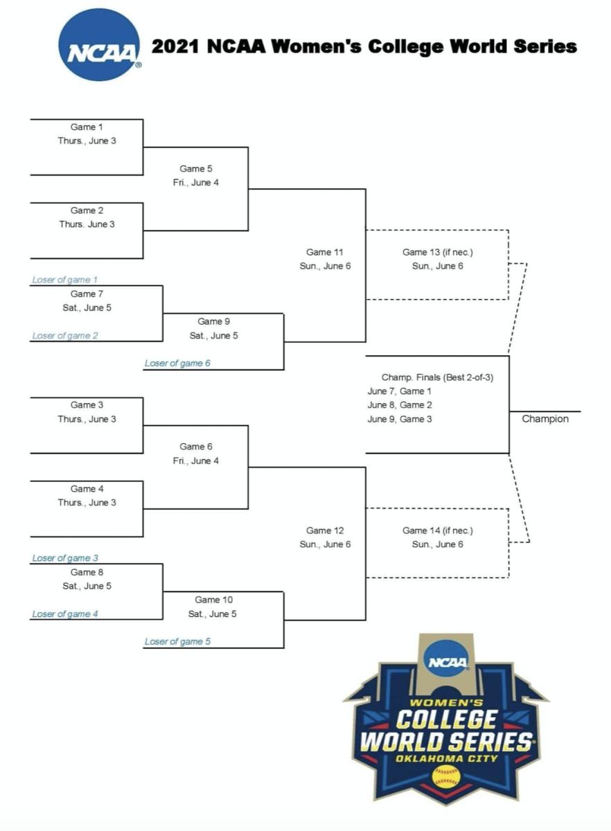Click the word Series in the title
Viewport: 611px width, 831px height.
[540, 46]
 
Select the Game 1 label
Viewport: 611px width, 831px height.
[87, 127]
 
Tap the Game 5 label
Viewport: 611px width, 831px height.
[196, 168]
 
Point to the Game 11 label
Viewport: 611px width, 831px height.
[324, 252]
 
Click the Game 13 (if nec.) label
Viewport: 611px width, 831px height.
[437, 252]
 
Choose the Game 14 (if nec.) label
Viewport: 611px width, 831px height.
[437, 530]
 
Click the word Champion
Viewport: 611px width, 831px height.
[544, 419]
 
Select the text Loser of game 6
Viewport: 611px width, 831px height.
[177, 363]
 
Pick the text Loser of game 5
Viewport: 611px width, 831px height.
[177, 641]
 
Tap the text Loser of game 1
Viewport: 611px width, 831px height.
[65, 280]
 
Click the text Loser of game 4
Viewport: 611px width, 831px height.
[65, 614]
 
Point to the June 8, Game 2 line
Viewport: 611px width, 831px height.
[400, 405]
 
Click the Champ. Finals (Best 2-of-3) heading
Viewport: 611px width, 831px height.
[437, 377]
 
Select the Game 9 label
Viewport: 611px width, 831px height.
[214, 321]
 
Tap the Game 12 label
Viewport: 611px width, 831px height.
[324, 530]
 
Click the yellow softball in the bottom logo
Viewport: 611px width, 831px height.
[445, 776]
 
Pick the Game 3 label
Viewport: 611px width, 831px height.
[87, 405]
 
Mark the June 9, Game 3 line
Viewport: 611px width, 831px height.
[400, 419]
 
